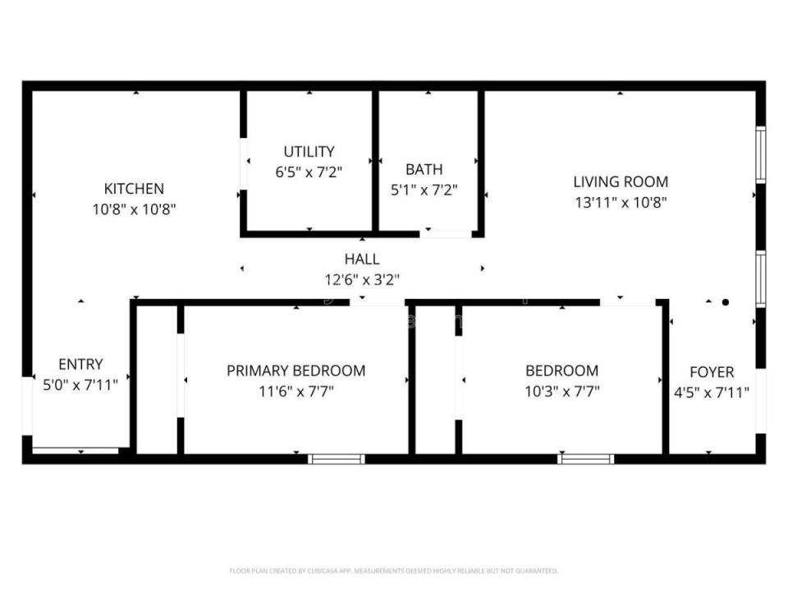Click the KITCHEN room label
pyautogui.click(x=134, y=189)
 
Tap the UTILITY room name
pyautogui.click(x=309, y=152)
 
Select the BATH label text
pyautogui.click(x=424, y=170)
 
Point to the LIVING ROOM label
pyautogui.click(x=620, y=182)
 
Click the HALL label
pyautogui.click(x=361, y=259)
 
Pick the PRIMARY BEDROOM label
pyautogui.click(x=295, y=371)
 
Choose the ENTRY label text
pyautogui.click(x=80, y=364)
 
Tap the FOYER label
pyautogui.click(x=711, y=372)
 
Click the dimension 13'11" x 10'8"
pyautogui.click(x=620, y=202)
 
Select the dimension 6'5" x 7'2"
pyautogui.click(x=309, y=172)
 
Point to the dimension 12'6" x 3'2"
pyautogui.click(x=361, y=280)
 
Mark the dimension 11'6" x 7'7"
pyautogui.click(x=295, y=392)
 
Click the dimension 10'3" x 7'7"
pyautogui.click(x=561, y=392)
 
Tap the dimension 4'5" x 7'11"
pyautogui.click(x=711, y=392)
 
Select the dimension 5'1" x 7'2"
pyautogui.click(x=424, y=190)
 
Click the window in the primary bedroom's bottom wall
pyautogui.click(x=337, y=458)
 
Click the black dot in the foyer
pyautogui.click(x=725, y=302)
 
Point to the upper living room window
pyautogui.click(x=761, y=153)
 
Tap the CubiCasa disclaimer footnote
pyautogui.click(x=393, y=570)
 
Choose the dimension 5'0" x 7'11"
pyautogui.click(x=80, y=384)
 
